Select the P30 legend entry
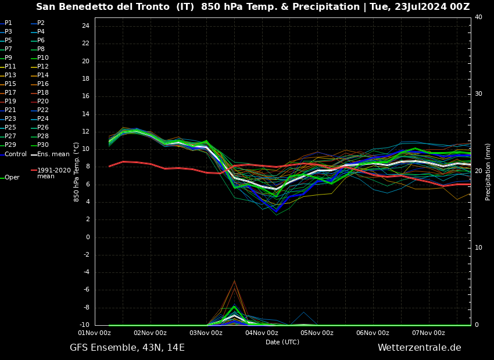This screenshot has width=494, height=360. click(x=42, y=145)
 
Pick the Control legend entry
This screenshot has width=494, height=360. click(x=15, y=154)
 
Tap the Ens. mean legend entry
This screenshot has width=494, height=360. click(x=53, y=154)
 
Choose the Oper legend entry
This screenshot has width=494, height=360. click(x=12, y=178)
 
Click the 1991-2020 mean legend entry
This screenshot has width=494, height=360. click(x=53, y=173)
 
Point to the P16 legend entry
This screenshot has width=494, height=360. click(x=42, y=84)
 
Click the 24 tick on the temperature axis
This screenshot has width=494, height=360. click(x=85, y=26)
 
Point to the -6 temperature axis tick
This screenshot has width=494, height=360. click(x=85, y=290)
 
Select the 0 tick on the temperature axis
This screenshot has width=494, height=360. click(x=87, y=237)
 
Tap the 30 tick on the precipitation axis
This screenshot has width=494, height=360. click(x=478, y=93)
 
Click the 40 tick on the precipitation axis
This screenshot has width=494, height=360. click(x=478, y=17)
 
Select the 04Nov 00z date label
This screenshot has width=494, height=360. click(x=262, y=333)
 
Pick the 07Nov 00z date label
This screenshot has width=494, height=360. click(x=428, y=333)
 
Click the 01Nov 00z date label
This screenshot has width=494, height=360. click(x=95, y=333)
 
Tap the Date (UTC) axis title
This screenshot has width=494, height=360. click(x=282, y=342)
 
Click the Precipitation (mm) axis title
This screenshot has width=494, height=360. click(x=488, y=172)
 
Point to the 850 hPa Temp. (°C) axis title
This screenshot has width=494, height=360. click(x=77, y=172)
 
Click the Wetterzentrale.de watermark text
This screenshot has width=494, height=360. click(x=419, y=348)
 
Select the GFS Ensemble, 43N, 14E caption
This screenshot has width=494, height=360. click(x=127, y=348)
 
